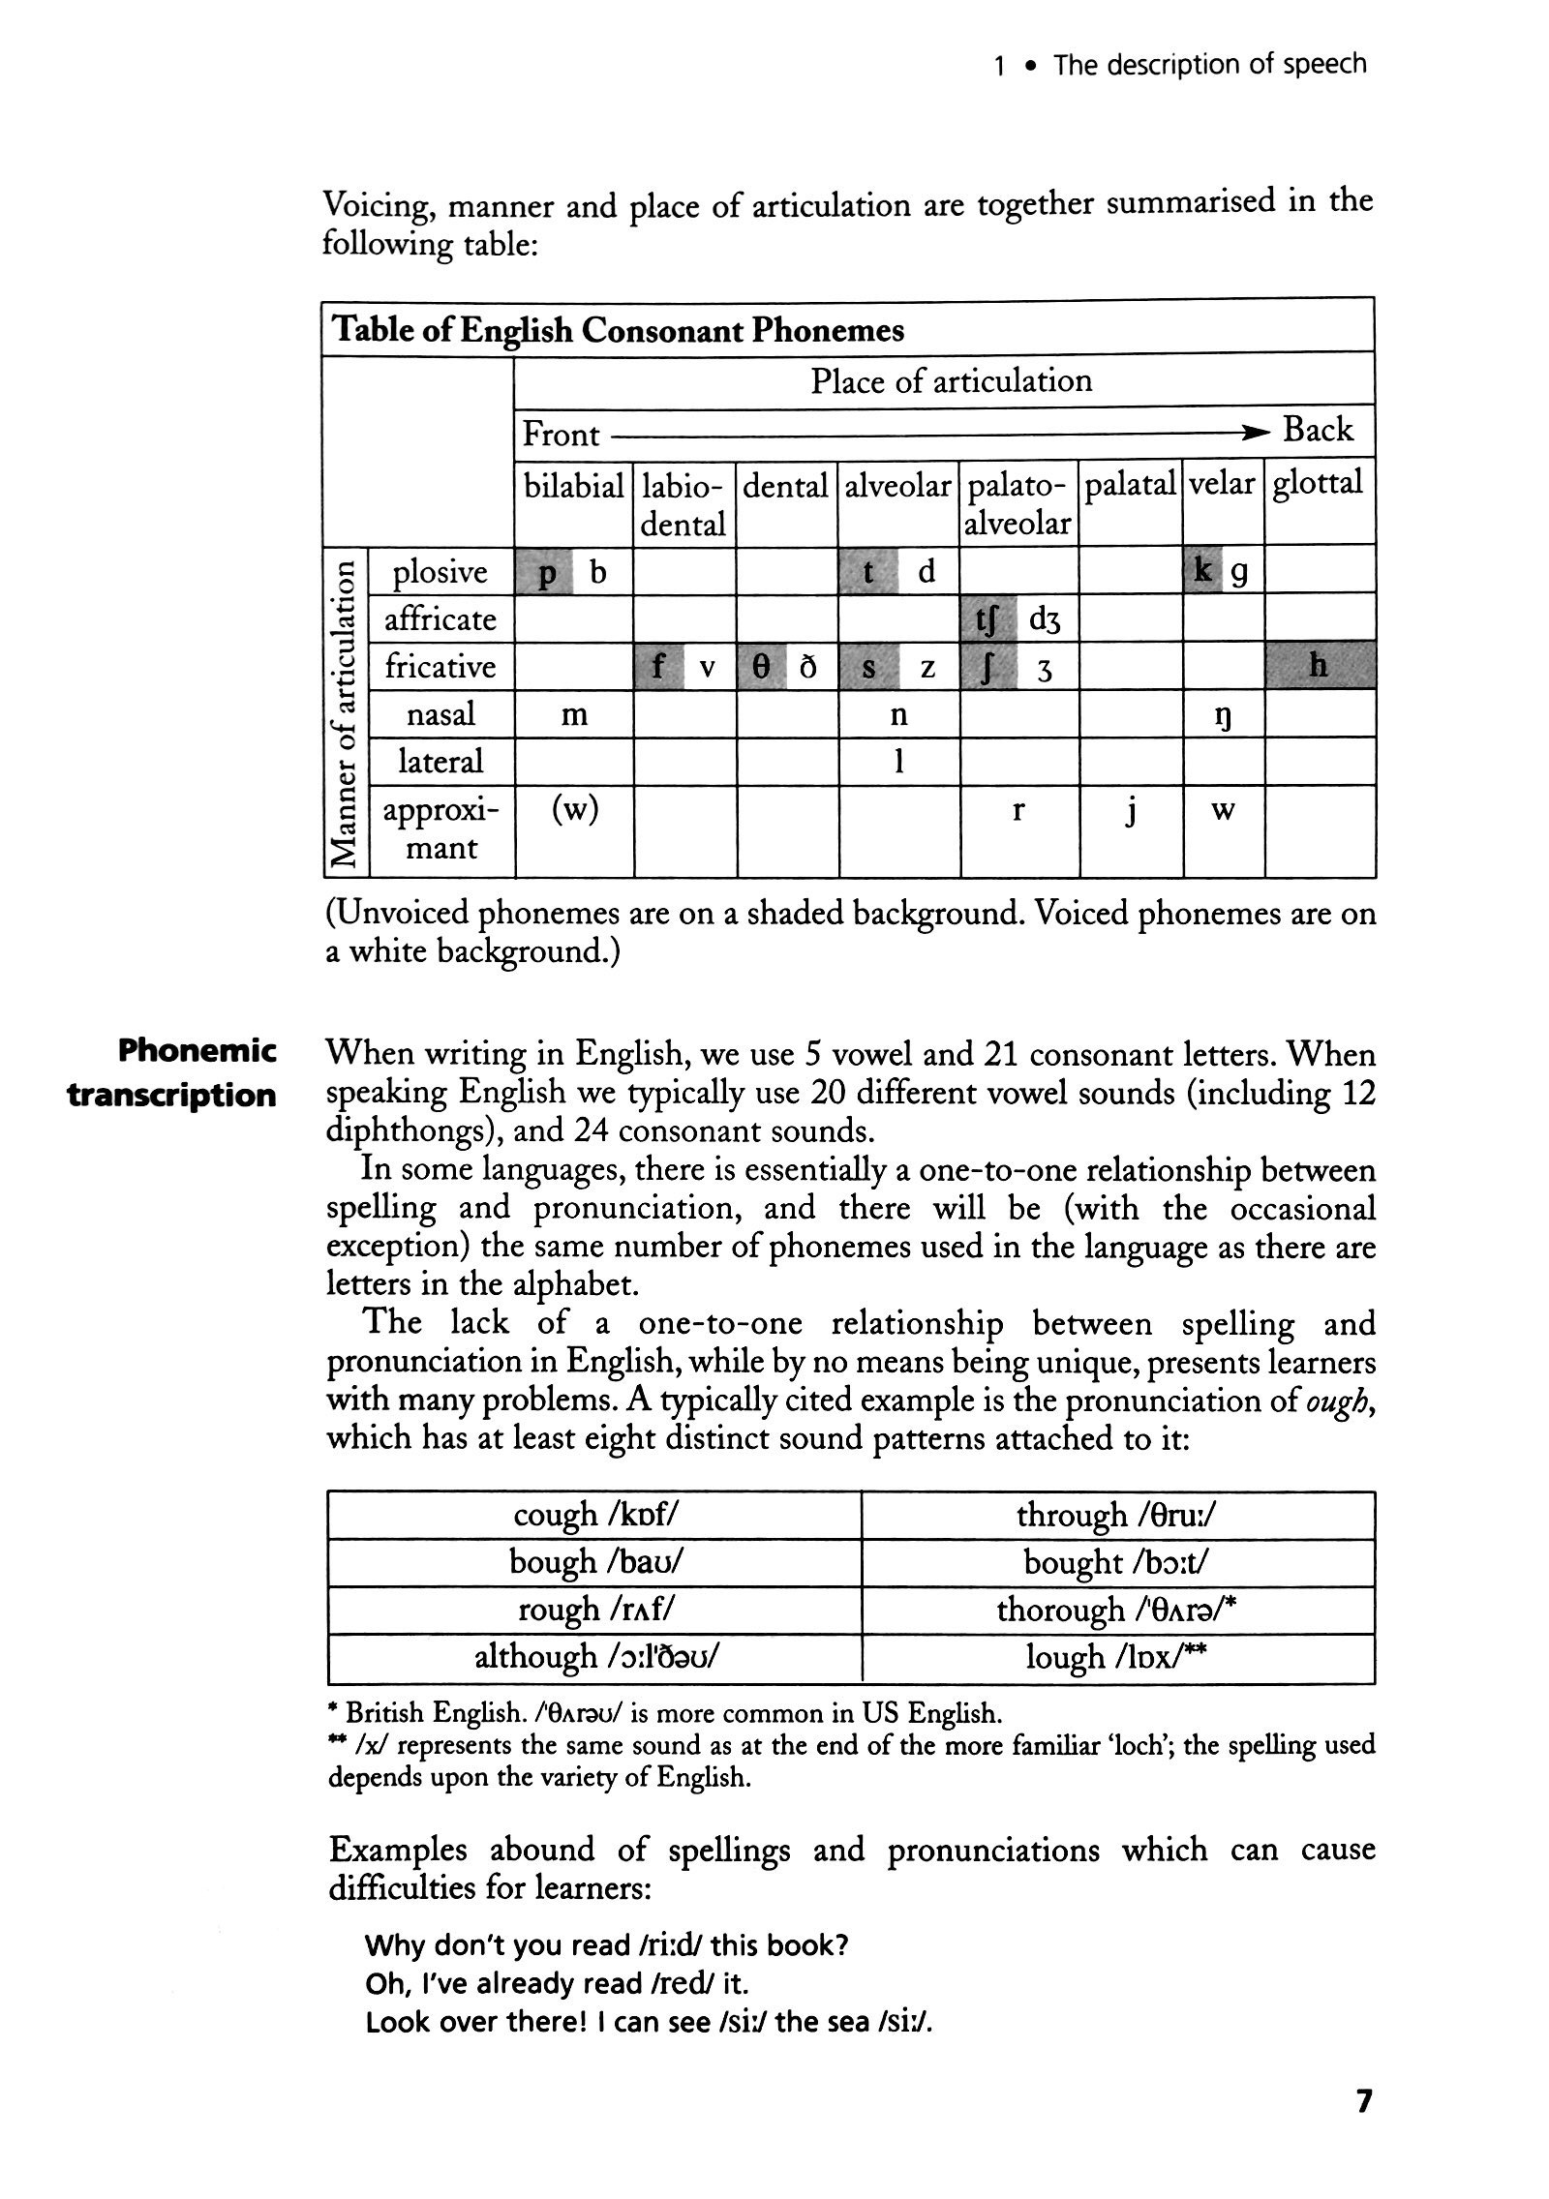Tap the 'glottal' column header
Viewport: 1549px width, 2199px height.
coord(1317,484)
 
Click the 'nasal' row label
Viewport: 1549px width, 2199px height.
coord(440,714)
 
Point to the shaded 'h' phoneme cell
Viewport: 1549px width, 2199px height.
coord(1318,666)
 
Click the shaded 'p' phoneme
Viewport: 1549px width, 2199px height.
coord(547,574)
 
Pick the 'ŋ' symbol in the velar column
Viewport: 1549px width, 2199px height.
coord(1223,716)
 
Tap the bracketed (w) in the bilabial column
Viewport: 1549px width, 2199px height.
coord(573,809)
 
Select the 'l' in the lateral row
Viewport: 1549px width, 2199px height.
coord(898,762)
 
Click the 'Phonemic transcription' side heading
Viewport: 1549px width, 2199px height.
coord(172,1072)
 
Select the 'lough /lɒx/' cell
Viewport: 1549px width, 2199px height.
coord(1116,1658)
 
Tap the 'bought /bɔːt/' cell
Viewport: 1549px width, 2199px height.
coord(1116,1562)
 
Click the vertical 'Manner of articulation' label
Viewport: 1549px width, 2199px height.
coord(343,710)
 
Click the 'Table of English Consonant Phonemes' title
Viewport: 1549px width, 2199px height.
coord(618,330)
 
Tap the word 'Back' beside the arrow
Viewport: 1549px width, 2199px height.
coord(1317,430)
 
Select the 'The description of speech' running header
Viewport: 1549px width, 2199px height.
coord(1209,65)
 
